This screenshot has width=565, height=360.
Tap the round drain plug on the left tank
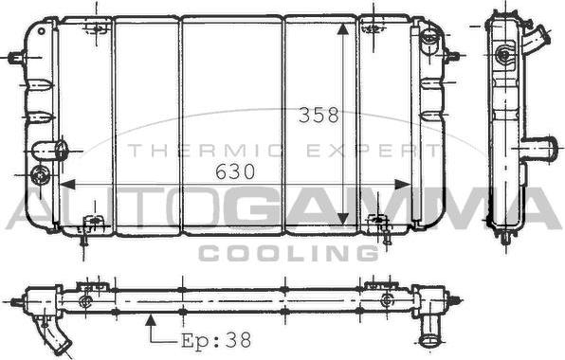pos(40,174)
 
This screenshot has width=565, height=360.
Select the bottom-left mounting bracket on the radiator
pos(90,225)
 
